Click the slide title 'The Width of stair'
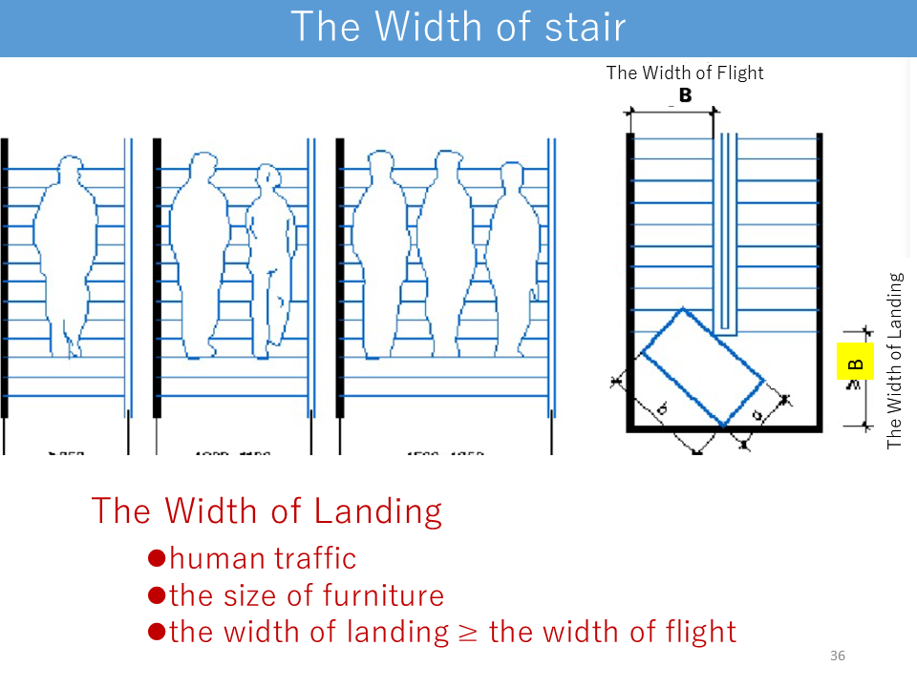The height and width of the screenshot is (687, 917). pos(458,27)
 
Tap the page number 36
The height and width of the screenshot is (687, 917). pos(838,656)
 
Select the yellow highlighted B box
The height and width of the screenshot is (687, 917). pos(855,364)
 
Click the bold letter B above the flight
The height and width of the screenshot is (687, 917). pos(685,95)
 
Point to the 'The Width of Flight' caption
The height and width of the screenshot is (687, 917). pos(685,73)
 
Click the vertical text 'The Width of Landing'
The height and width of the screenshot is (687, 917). pos(894,361)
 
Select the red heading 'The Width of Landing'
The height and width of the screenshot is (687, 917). pos(267,510)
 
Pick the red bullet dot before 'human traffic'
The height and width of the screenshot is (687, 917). pos(158,557)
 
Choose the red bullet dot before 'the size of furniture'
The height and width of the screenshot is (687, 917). pos(158,594)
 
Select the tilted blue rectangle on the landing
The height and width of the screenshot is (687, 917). pos(702,366)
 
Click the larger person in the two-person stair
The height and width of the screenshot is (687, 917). pos(203,253)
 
